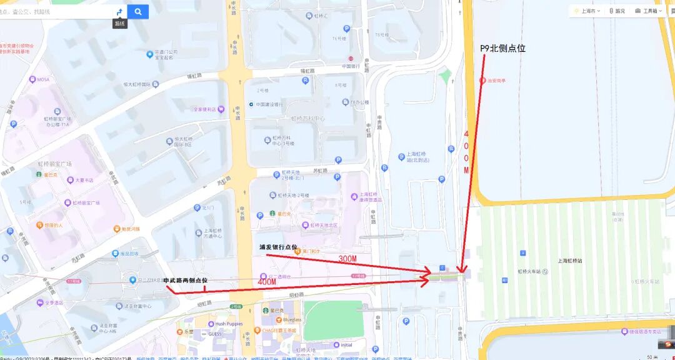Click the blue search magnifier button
point(138,11)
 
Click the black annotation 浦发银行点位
point(279,247)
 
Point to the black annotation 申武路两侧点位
point(185,281)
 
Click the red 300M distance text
point(347,259)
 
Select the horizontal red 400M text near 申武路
point(266,282)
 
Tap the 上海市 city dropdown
point(587,11)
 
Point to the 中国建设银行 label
point(269,104)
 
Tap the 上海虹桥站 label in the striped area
point(569,261)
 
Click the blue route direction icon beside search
point(119,11)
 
